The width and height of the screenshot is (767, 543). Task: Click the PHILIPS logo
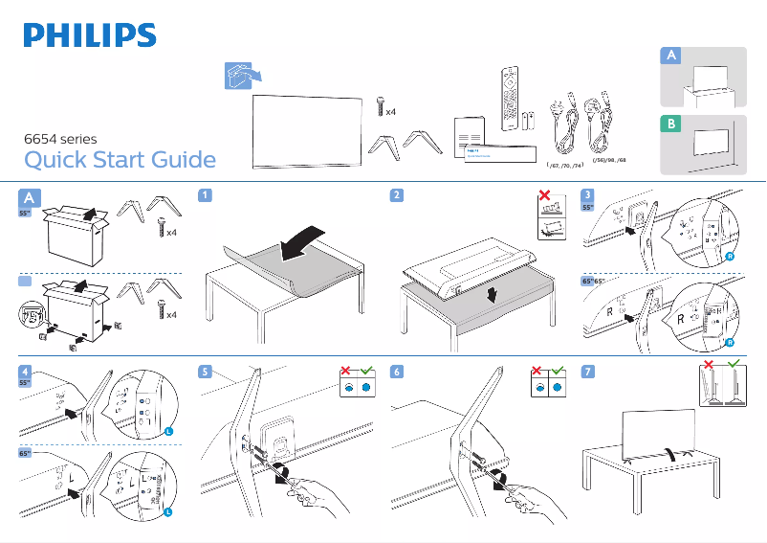[x=90, y=35]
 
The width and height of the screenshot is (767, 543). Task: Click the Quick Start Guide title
[x=120, y=159]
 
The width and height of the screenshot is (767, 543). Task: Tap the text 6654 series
[x=59, y=139]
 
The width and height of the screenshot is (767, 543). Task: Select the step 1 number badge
[x=204, y=195]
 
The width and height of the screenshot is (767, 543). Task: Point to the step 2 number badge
[x=396, y=195]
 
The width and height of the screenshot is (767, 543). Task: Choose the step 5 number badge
[x=204, y=371]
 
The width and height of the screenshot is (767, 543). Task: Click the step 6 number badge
[x=396, y=371]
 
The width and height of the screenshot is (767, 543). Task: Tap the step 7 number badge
[x=588, y=371]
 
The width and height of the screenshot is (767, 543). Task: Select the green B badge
[x=672, y=124]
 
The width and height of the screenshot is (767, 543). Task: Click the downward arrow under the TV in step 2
[x=492, y=295]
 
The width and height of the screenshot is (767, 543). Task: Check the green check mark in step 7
[x=734, y=365]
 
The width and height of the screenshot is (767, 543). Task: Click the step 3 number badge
[x=588, y=195]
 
